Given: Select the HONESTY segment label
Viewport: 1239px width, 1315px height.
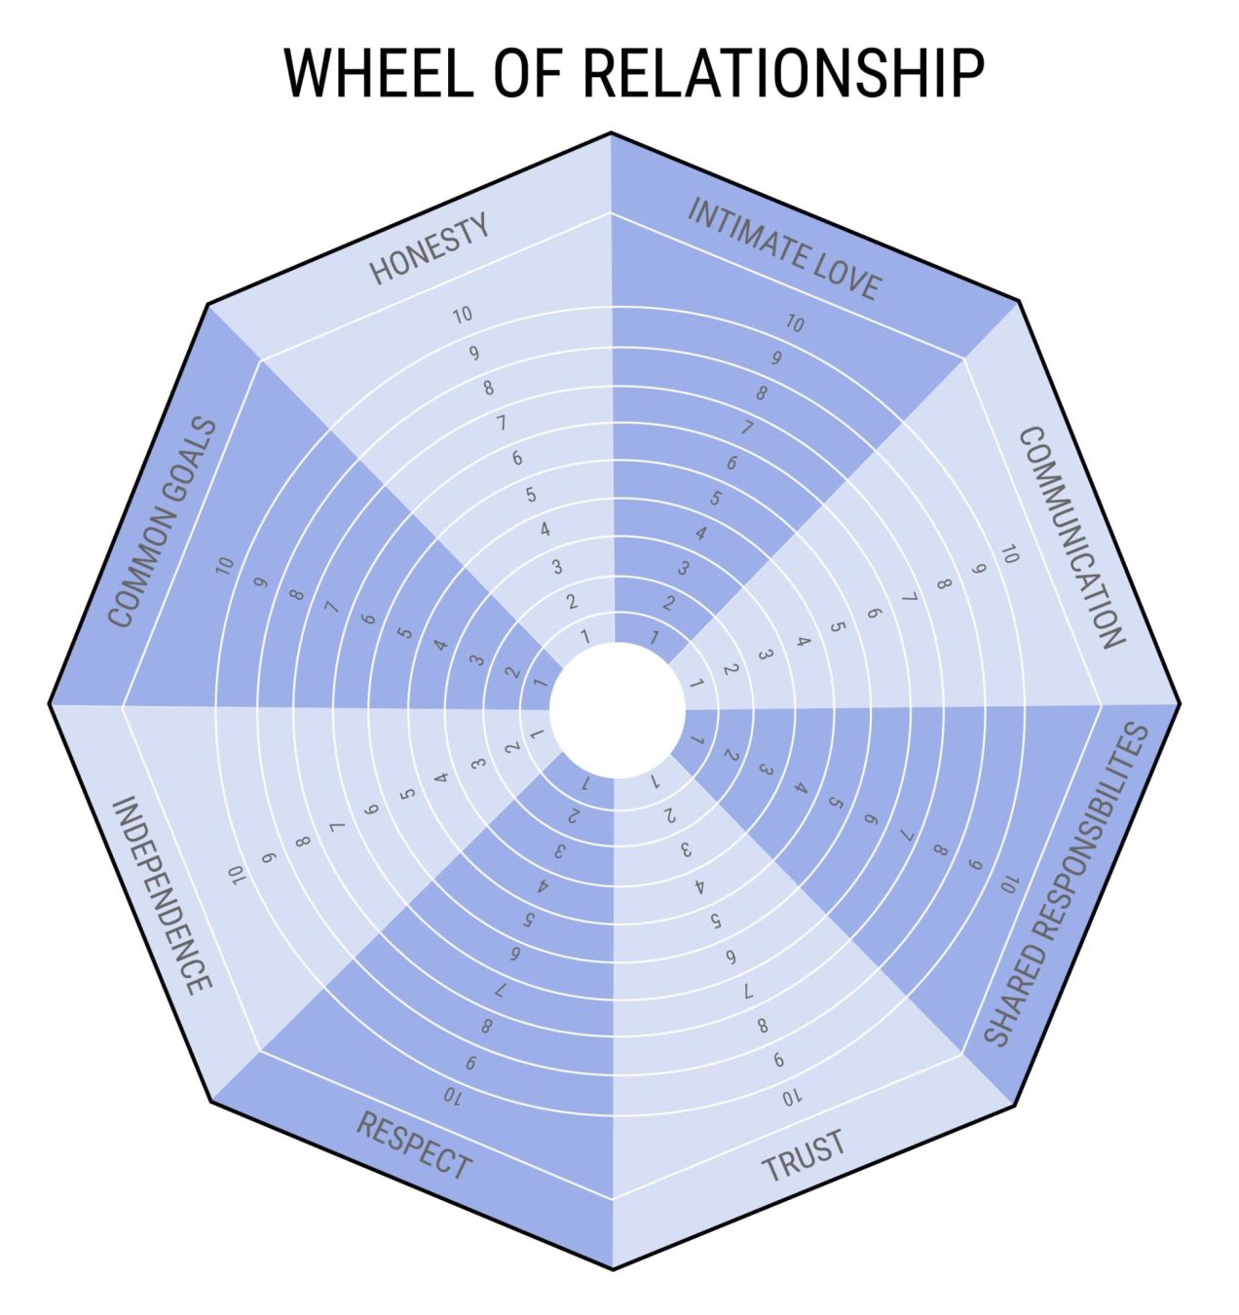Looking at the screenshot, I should (430, 250).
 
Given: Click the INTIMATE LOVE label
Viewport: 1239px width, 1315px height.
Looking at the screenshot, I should (784, 249).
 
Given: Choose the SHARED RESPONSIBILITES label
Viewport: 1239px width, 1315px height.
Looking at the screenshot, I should (1066, 884).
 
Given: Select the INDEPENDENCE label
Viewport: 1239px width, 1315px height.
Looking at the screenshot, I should (162, 895).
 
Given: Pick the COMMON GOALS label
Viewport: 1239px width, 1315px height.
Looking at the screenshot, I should (162, 522).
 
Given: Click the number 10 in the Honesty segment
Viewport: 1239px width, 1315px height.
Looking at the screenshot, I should (463, 315).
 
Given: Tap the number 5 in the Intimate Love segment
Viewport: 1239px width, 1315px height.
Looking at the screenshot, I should (716, 499).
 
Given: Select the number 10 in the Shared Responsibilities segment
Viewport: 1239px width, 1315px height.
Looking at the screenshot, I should (1008, 883).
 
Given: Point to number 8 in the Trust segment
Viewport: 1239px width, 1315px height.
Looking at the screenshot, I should (763, 1026).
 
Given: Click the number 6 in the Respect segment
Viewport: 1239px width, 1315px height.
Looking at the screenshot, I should (513, 955).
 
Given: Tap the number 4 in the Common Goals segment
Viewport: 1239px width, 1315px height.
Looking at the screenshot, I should (440, 645).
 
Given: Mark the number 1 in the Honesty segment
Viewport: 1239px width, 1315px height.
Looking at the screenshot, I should (585, 637).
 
